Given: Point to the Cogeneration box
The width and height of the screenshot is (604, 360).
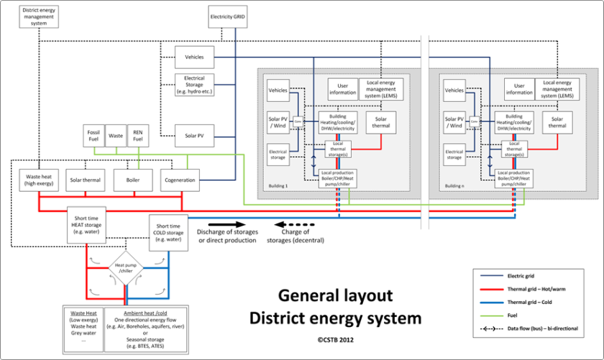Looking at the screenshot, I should [x=180, y=180].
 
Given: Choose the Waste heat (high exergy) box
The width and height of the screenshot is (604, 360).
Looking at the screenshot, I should [x=39, y=180].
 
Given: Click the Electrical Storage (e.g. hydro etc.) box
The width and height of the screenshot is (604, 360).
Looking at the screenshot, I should [x=196, y=84].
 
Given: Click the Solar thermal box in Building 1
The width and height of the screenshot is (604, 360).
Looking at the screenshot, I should [x=381, y=121].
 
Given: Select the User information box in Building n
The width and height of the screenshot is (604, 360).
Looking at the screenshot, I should [x=518, y=88].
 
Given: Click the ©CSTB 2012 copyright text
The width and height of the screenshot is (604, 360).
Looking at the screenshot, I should [x=335, y=339].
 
